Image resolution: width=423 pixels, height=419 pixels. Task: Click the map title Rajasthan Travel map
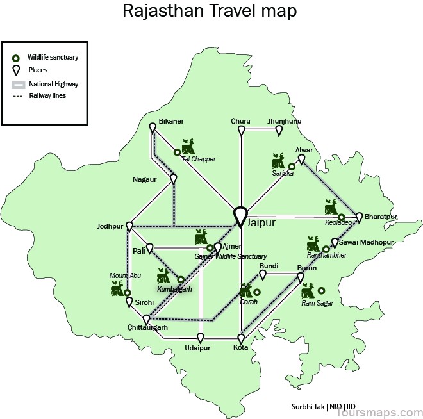point(210,11)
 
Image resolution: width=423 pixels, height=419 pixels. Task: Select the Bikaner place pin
point(153,129)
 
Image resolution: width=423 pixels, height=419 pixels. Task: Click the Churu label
point(241,120)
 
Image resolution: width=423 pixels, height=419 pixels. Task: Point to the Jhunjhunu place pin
point(279,131)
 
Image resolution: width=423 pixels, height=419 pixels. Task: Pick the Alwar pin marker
point(301,160)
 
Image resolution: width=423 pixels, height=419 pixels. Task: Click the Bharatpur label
point(381,217)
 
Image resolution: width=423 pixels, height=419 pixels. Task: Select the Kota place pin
point(242,338)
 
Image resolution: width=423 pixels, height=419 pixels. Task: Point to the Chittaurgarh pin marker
point(147,319)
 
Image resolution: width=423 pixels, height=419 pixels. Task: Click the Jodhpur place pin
point(129,227)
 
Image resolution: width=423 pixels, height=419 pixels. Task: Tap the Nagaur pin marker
point(174,179)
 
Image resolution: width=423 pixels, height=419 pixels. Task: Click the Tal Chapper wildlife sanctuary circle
point(178,152)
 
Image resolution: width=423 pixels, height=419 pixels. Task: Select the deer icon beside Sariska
point(279,160)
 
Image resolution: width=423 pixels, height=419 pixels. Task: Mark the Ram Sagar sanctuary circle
point(322,290)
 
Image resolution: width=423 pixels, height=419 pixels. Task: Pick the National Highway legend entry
point(54,84)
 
